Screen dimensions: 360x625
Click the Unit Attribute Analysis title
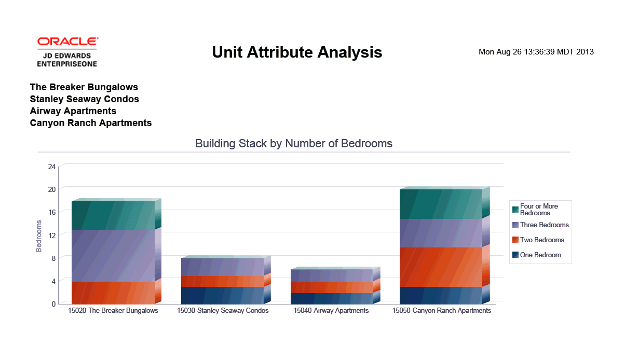pyautogui.click(x=297, y=52)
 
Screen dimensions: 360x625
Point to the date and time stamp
pyautogui.click(x=536, y=52)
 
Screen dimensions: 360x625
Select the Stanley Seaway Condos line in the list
pyautogui.click(x=84, y=99)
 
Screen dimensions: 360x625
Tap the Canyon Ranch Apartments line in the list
pyautogui.click(x=91, y=123)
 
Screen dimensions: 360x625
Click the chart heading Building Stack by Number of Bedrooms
pyautogui.click(x=294, y=143)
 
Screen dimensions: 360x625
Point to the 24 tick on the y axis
pyautogui.click(x=51, y=167)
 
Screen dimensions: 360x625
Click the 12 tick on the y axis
pyautogui.click(x=51, y=235)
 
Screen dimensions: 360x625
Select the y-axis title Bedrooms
pyautogui.click(x=39, y=236)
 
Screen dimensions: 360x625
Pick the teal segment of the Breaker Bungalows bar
pyautogui.click(x=113, y=215)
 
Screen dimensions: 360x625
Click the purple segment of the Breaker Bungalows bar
pyautogui.click(x=113, y=256)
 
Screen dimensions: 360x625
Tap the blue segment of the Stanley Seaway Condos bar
pyautogui.click(x=222, y=295)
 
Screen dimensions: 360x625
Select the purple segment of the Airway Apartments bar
pyautogui.click(x=331, y=275)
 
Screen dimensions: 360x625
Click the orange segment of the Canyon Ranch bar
pyautogui.click(x=440, y=267)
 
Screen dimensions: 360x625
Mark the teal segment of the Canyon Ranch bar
pyautogui.click(x=440, y=204)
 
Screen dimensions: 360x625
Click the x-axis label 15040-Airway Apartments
pyautogui.click(x=331, y=311)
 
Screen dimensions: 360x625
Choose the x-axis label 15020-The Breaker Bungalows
pyautogui.click(x=113, y=311)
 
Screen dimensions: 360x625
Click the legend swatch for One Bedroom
pyautogui.click(x=515, y=255)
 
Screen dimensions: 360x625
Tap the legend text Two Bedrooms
pyautogui.click(x=542, y=240)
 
